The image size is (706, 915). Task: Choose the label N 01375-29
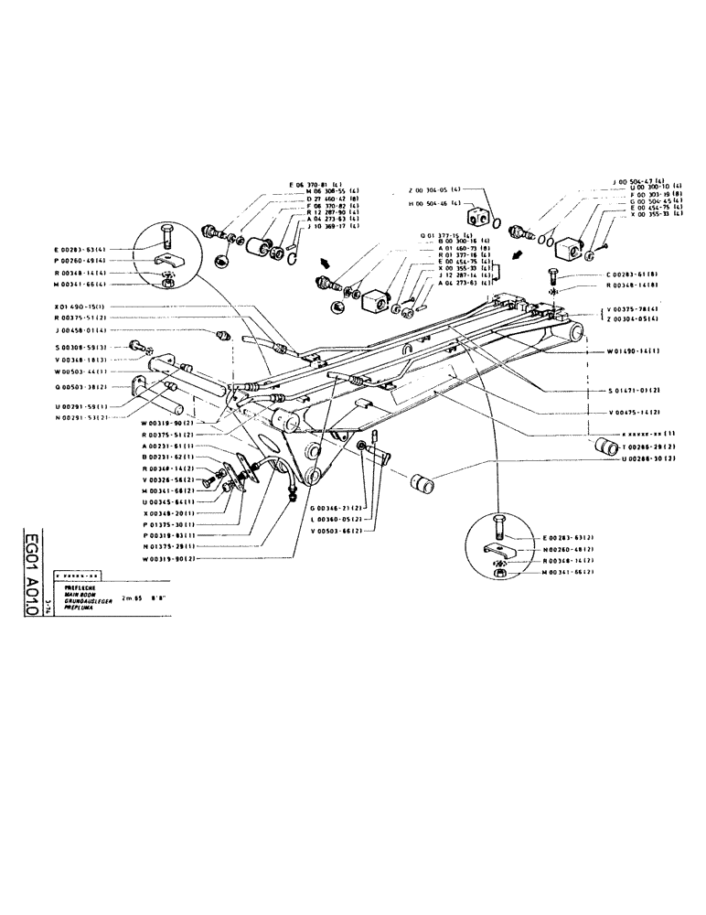tap(169, 546)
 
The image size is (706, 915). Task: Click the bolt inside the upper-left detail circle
tap(166, 234)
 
